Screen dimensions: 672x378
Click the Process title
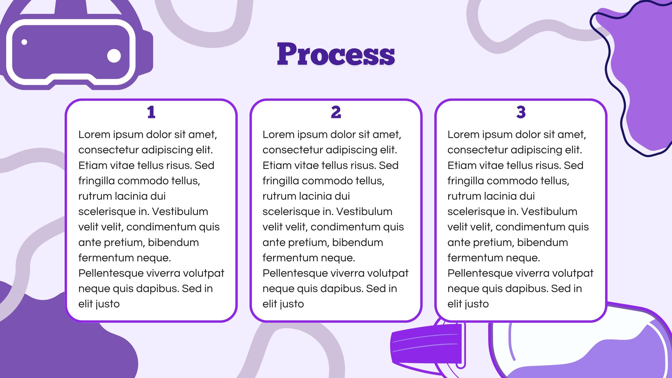pos(336,54)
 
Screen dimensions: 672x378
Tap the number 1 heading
pos(151,112)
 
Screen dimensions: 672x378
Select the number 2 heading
pos(336,112)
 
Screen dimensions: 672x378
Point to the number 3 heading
pos(521,112)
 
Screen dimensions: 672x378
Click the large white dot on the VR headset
pos(114,55)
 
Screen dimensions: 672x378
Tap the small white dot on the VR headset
pos(24,42)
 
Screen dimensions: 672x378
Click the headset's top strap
pos(71,7)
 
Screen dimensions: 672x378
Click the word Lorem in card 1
pos(94,134)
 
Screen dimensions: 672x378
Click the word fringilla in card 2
pos(281,181)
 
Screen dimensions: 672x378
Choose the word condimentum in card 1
pos(161,227)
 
